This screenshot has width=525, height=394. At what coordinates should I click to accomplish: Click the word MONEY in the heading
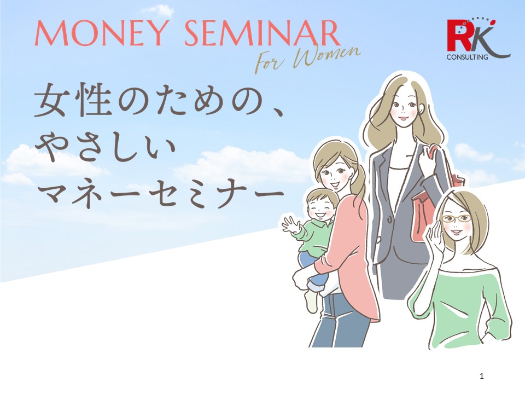(x=100, y=33)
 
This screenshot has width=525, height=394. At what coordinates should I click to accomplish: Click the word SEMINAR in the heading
(x=262, y=33)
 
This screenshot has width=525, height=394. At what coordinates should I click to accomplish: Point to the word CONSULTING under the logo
(x=466, y=57)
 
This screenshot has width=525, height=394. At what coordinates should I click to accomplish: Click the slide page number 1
(x=481, y=376)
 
